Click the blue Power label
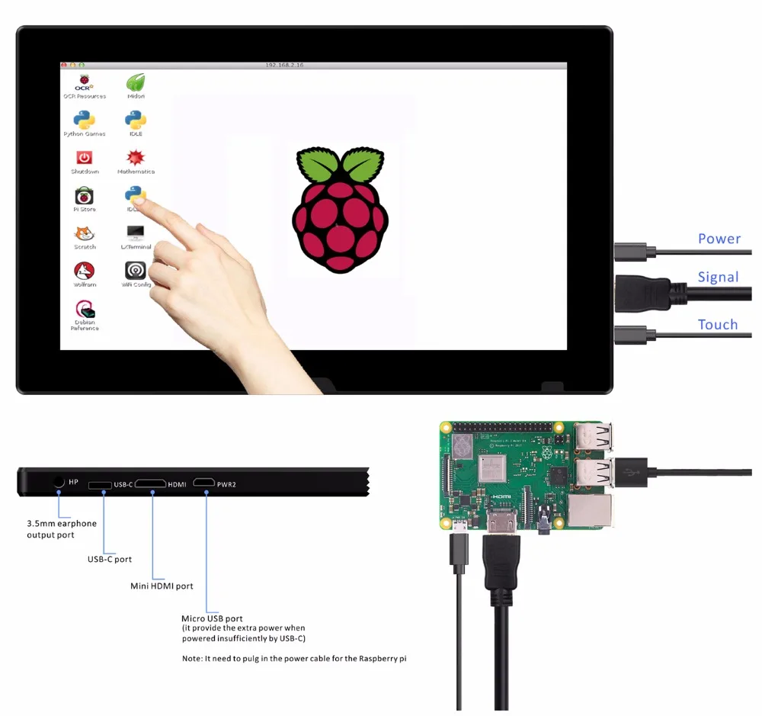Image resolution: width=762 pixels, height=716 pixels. click(719, 239)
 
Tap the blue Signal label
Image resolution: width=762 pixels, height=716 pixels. click(718, 277)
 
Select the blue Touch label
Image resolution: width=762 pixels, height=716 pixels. click(718, 325)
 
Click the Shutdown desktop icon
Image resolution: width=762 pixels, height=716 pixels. click(85, 158)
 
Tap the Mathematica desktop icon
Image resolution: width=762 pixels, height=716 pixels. click(136, 158)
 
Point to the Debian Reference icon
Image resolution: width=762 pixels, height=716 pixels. click(85, 310)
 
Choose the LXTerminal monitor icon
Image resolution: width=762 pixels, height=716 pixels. click(136, 233)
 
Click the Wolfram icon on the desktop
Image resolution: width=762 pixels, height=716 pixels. click(85, 271)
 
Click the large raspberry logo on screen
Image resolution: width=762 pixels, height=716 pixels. click(340, 210)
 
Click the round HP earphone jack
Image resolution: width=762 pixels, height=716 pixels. click(59, 482)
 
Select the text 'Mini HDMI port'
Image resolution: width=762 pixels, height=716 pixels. click(162, 586)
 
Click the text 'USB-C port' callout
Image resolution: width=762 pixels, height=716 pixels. click(110, 559)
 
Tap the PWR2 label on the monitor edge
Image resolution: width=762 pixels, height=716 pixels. click(226, 483)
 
